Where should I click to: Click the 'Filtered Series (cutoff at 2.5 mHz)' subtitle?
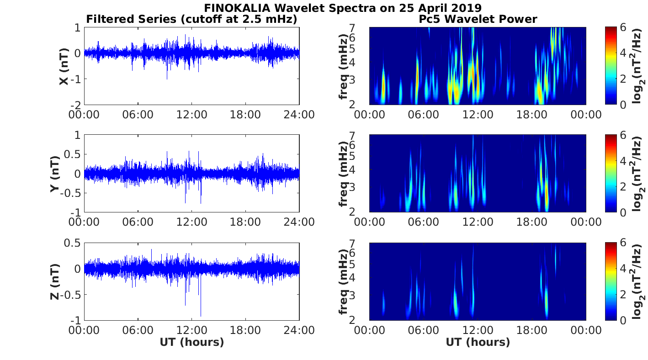click(x=192, y=19)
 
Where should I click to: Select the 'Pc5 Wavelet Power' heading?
click(x=478, y=19)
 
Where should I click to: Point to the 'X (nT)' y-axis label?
click(x=64, y=66)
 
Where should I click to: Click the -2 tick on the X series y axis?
click(x=75, y=105)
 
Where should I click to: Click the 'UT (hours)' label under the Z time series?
click(x=191, y=342)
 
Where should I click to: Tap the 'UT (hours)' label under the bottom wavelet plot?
click(x=478, y=342)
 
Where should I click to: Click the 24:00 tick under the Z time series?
click(x=299, y=330)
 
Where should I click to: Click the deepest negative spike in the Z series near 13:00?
click(x=200, y=316)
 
